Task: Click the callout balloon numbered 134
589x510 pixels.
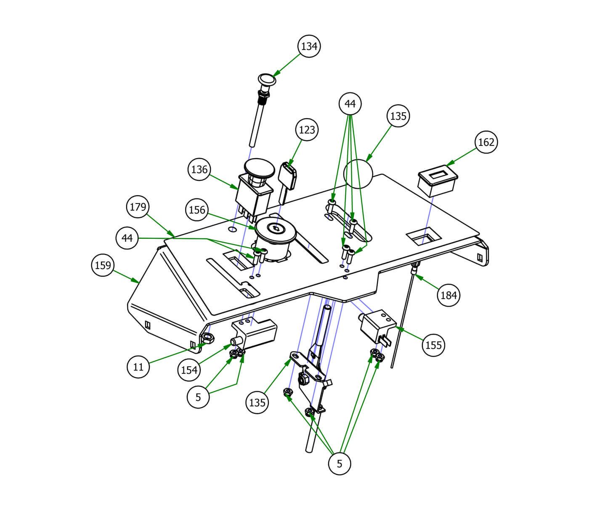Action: tap(309, 46)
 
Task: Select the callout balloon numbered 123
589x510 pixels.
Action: tap(307, 129)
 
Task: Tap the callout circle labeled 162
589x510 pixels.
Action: tap(486, 142)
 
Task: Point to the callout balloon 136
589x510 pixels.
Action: tap(199, 169)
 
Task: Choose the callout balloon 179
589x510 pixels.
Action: tap(138, 206)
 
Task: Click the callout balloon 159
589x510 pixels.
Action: tap(103, 265)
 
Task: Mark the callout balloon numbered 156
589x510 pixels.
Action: tap(197, 209)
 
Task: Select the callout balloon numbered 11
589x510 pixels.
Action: tap(138, 367)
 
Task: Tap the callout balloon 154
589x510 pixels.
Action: tap(189, 370)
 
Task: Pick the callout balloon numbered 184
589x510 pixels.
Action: tap(448, 295)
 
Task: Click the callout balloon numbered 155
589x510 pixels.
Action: tap(434, 345)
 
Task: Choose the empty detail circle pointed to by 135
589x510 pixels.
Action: tap(358, 173)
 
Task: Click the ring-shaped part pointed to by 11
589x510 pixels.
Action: tap(208, 337)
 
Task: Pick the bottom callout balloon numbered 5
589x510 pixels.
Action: tap(340, 463)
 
